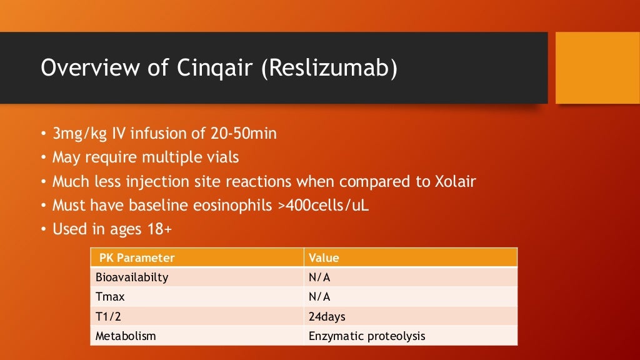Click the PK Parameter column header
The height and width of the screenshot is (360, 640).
click(x=137, y=257)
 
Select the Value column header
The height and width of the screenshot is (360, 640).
click(x=324, y=257)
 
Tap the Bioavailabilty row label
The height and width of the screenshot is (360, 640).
click(x=132, y=277)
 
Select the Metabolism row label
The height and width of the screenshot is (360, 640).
click(x=125, y=336)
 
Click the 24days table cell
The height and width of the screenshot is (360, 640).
click(x=327, y=316)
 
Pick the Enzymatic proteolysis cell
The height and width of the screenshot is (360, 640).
click(x=367, y=336)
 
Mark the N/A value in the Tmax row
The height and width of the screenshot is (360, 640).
click(x=319, y=297)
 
